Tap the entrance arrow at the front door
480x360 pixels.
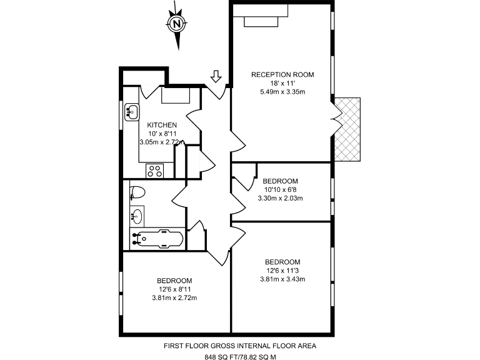[216, 76]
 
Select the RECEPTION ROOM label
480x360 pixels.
[282, 75]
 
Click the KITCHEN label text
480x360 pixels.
[162, 125]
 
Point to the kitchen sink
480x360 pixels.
[132, 112]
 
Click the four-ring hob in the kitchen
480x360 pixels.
[155, 170]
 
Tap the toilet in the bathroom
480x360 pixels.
[137, 191]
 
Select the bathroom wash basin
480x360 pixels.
[137, 217]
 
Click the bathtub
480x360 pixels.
[157, 239]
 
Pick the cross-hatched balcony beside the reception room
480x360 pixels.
[348, 129]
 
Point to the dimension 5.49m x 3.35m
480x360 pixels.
[282, 92]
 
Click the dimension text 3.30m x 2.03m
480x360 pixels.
[280, 199]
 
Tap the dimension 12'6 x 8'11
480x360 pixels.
[174, 289]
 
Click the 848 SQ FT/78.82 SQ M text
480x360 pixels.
[240, 357]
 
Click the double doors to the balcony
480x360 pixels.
[335, 119]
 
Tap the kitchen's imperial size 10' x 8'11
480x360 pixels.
[162, 134]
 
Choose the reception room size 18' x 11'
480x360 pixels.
[282, 83]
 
